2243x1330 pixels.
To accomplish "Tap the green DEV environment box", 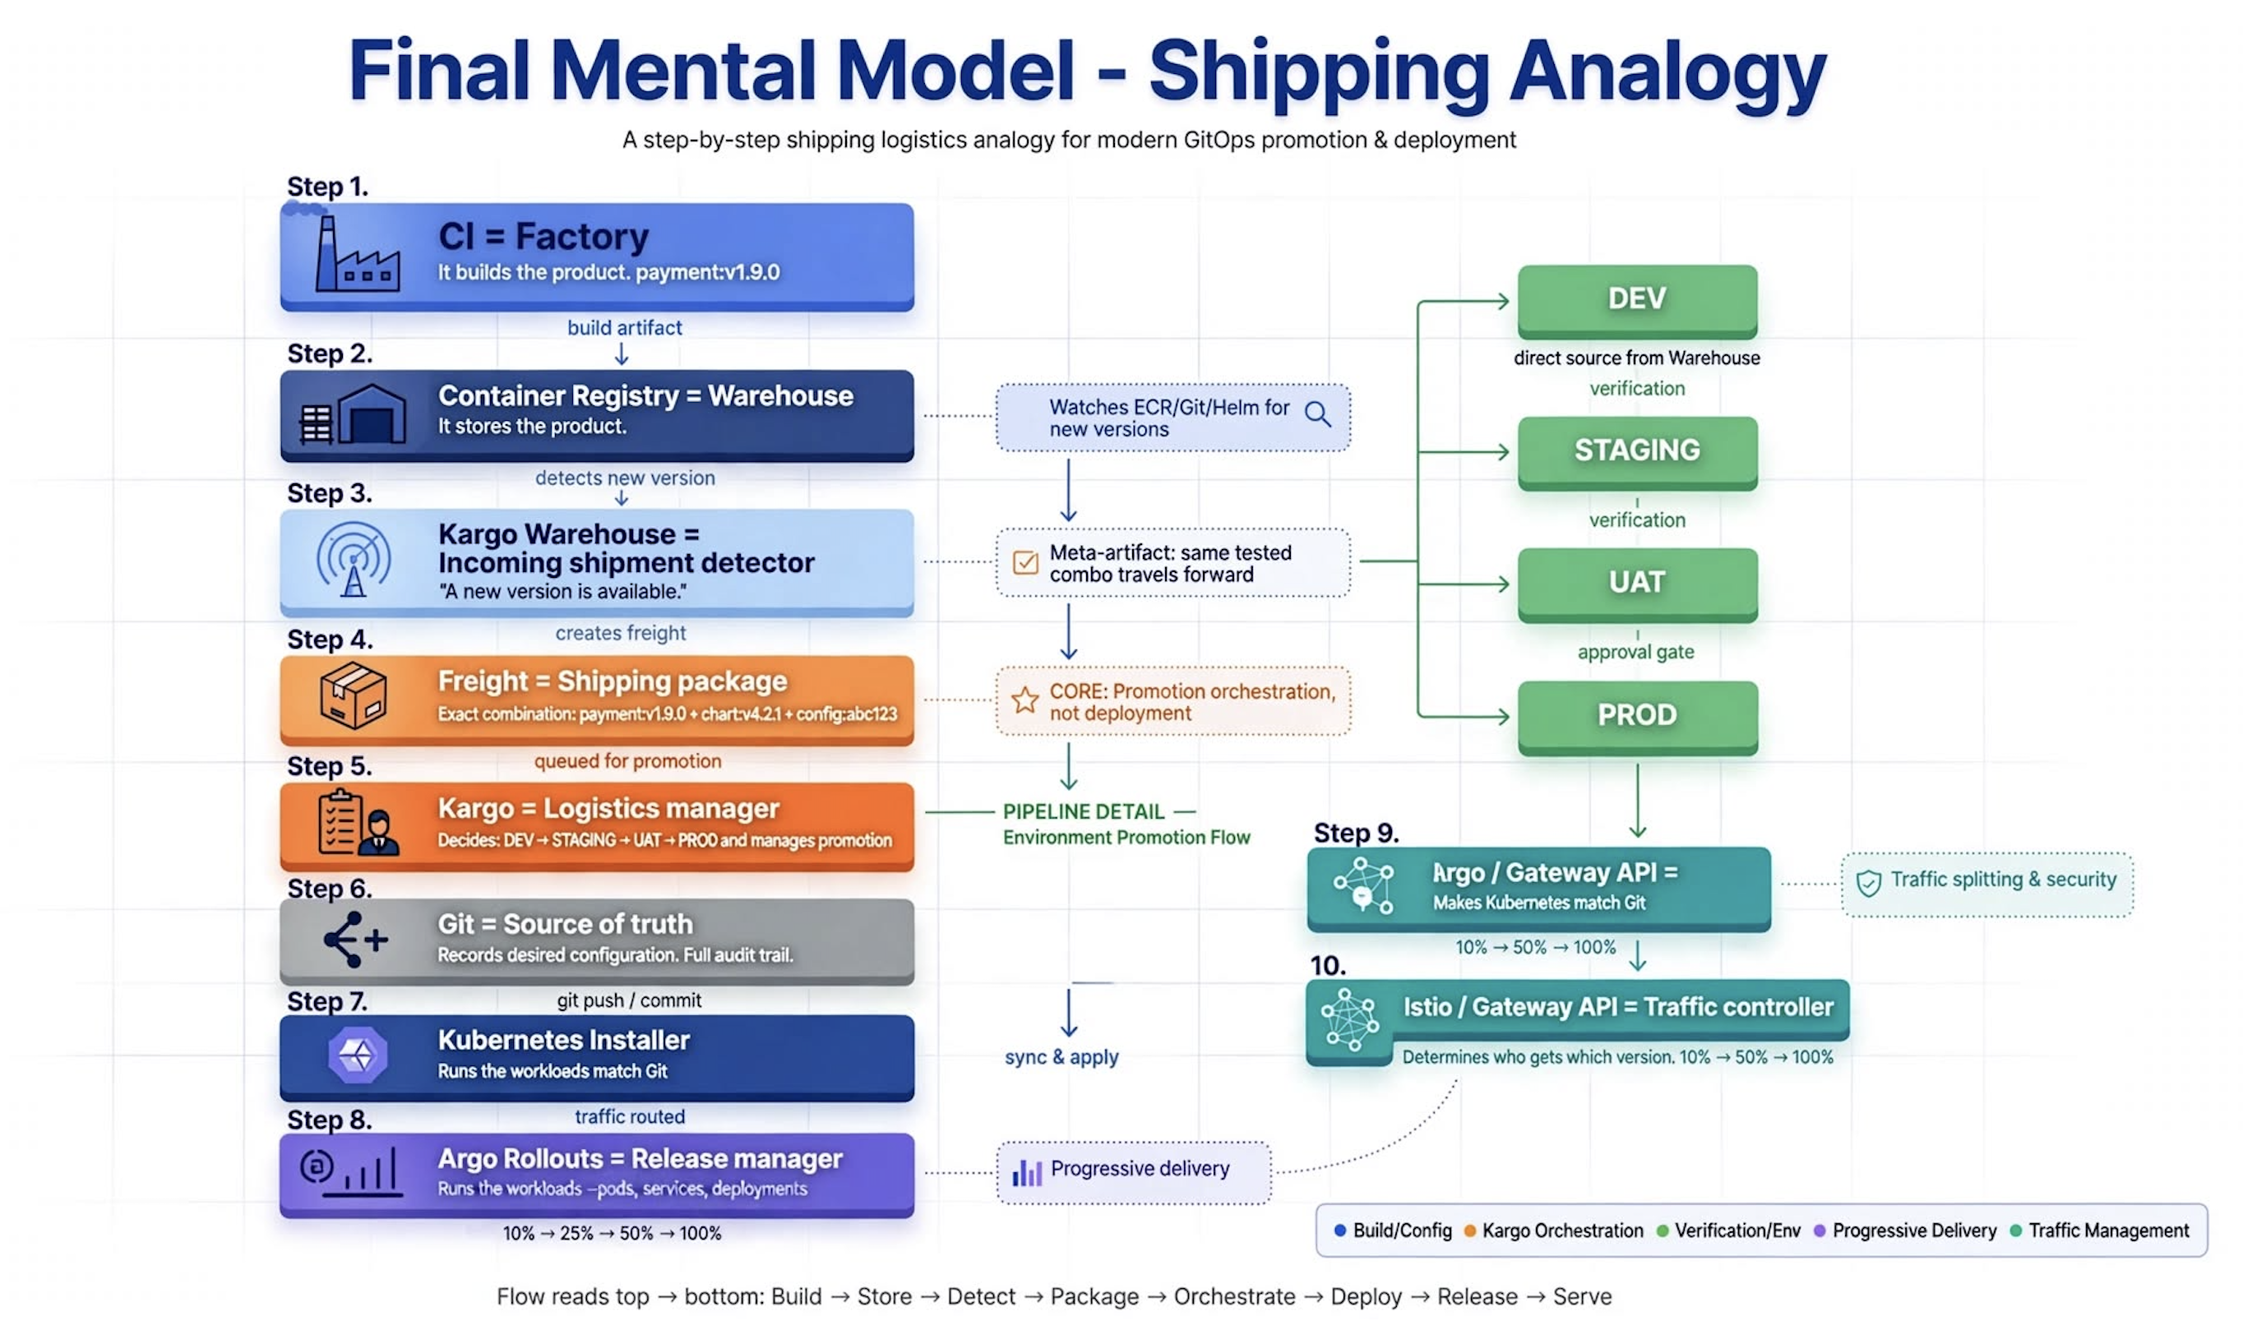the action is [x=1637, y=301].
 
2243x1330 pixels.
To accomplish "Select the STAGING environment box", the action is [x=1637, y=453].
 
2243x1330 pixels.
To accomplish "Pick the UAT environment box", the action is [x=1637, y=584].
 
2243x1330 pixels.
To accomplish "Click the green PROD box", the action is [x=1637, y=717].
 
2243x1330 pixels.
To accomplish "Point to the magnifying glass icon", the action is [x=1318, y=414].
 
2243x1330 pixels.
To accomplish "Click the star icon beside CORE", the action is [x=1024, y=700].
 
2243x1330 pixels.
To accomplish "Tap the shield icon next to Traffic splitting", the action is [x=1868, y=884].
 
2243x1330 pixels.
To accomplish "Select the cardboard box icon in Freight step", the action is [x=354, y=695].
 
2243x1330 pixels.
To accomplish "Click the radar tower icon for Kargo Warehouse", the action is [x=354, y=560].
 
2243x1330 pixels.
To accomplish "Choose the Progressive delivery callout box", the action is [x=1133, y=1171].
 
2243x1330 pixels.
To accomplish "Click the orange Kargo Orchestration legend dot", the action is [x=1469, y=1231].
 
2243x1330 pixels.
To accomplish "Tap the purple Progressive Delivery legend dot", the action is [x=1819, y=1231].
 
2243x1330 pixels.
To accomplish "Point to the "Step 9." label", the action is [x=1356, y=833].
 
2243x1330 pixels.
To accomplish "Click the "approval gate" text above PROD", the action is [x=1635, y=653].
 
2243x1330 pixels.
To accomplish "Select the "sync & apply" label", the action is [x=1061, y=1058].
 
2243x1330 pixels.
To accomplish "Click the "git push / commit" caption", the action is [x=628, y=1000].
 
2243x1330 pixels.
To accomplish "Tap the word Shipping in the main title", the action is [x=1319, y=73].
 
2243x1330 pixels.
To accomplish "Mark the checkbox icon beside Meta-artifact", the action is [x=1024, y=562].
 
